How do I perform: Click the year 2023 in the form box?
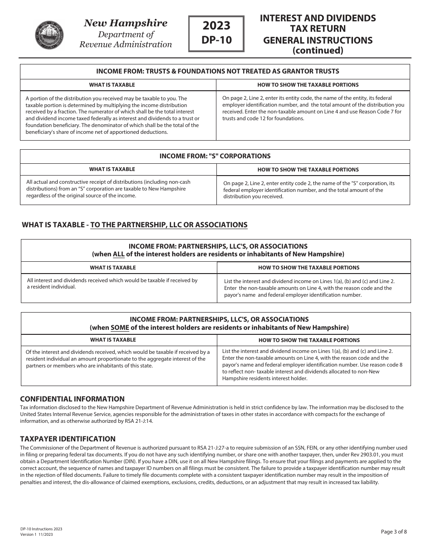click(x=216, y=25)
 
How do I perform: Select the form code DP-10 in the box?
click(x=216, y=40)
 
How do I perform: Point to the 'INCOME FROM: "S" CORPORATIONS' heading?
click(x=215, y=156)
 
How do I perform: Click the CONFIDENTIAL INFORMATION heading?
click(x=72, y=399)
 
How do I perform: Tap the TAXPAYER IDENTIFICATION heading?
click(x=68, y=439)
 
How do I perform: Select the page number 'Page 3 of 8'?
click(x=394, y=532)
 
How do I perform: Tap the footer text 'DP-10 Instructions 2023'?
click(x=41, y=529)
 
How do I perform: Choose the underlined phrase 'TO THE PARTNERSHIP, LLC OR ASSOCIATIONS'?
click(x=169, y=225)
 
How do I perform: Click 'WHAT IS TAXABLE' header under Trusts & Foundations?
click(x=112, y=85)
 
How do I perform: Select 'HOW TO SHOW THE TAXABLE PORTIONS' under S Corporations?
click(x=308, y=170)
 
